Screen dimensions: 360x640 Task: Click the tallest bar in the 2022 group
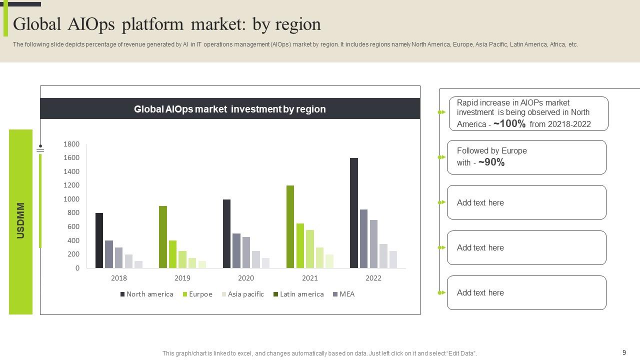[354, 213]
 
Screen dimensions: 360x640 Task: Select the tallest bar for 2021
[290, 226]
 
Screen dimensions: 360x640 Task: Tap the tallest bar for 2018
[99, 240]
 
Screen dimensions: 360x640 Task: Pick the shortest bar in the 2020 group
[265, 263]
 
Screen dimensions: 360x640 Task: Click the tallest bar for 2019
[163, 237]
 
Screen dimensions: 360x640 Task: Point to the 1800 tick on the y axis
[71, 144]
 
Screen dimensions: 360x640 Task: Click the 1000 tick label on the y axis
[71, 199]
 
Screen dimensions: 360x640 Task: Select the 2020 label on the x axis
[246, 278]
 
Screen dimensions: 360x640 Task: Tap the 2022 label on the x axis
[373, 278]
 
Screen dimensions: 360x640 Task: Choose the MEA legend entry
[346, 294]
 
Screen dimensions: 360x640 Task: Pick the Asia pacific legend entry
[245, 294]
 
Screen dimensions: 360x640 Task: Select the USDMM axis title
[20, 220]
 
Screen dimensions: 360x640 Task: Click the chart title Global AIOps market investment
[229, 109]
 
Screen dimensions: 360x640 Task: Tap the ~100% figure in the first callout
[509, 124]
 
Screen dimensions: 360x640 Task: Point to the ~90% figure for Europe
[491, 162]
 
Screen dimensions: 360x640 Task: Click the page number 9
[624, 352]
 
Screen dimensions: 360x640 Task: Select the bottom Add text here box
[526, 292]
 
